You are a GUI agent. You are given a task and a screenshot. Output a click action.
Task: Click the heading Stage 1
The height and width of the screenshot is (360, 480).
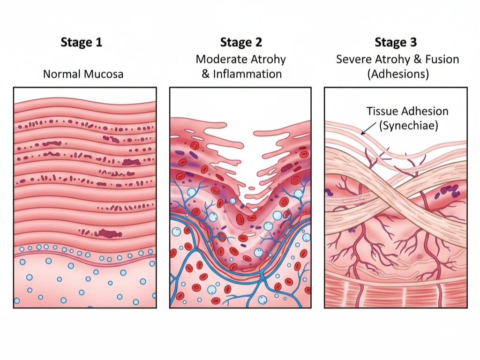pos(81,43)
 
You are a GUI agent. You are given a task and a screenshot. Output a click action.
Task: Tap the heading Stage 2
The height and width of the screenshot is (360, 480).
pos(240,43)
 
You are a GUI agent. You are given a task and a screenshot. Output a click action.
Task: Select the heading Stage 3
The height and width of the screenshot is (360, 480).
pos(396,43)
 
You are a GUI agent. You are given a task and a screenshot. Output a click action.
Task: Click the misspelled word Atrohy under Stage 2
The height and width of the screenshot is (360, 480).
pos(268,60)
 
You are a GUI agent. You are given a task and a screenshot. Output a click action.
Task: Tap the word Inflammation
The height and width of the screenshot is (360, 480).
pos(247,74)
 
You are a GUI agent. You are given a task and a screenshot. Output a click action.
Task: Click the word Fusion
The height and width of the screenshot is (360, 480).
pos(440,60)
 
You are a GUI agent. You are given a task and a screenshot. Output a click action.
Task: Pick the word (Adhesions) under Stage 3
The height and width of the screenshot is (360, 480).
pos(396,74)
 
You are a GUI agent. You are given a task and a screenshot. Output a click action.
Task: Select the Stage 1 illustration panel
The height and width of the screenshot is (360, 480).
pos(84,197)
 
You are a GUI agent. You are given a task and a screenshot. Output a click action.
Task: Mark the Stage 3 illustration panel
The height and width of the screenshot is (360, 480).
pos(396,197)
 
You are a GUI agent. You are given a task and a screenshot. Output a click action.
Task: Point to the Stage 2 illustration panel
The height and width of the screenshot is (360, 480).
pos(240,197)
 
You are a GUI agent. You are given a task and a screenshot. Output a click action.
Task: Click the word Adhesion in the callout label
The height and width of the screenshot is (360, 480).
pos(424,112)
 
